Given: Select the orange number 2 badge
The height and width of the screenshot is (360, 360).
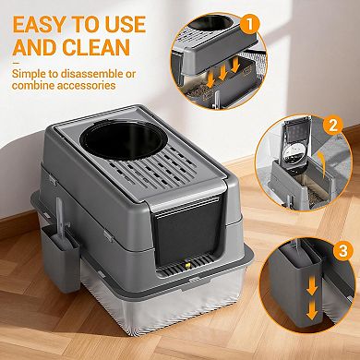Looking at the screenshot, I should (x=333, y=124).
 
